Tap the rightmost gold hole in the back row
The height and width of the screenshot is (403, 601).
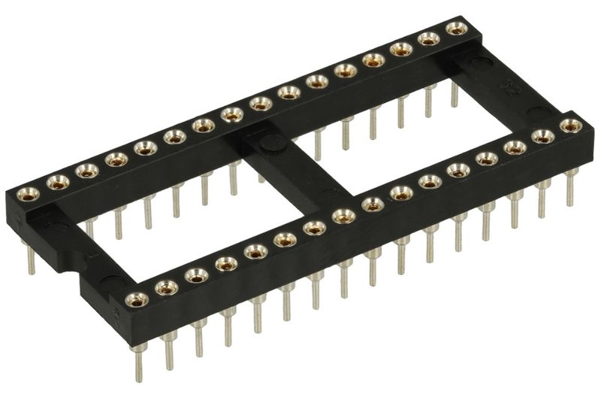455,29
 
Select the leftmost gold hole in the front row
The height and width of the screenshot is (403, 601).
136,299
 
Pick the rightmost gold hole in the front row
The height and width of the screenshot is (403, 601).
571,125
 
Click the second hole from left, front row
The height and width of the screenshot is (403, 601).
166,286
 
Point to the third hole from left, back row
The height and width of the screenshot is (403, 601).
87,171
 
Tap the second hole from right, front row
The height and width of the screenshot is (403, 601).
543,136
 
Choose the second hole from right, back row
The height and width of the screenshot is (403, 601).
429,39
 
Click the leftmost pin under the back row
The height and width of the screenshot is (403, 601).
31,259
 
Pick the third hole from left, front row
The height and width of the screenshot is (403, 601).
197,275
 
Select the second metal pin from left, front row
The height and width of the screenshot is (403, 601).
170,350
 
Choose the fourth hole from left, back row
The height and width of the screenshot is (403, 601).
116,159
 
